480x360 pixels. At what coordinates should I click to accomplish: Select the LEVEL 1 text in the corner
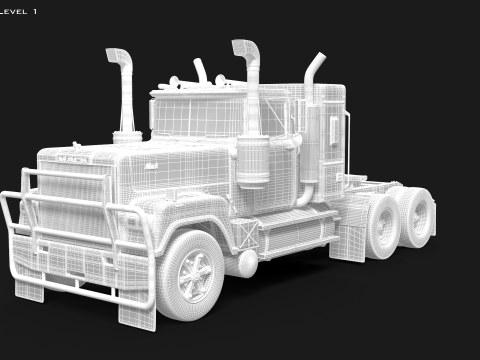click(x=20, y=10)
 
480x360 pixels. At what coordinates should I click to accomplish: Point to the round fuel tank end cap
click(x=246, y=263)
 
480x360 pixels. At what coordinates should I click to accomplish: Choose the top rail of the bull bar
click(x=70, y=180)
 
